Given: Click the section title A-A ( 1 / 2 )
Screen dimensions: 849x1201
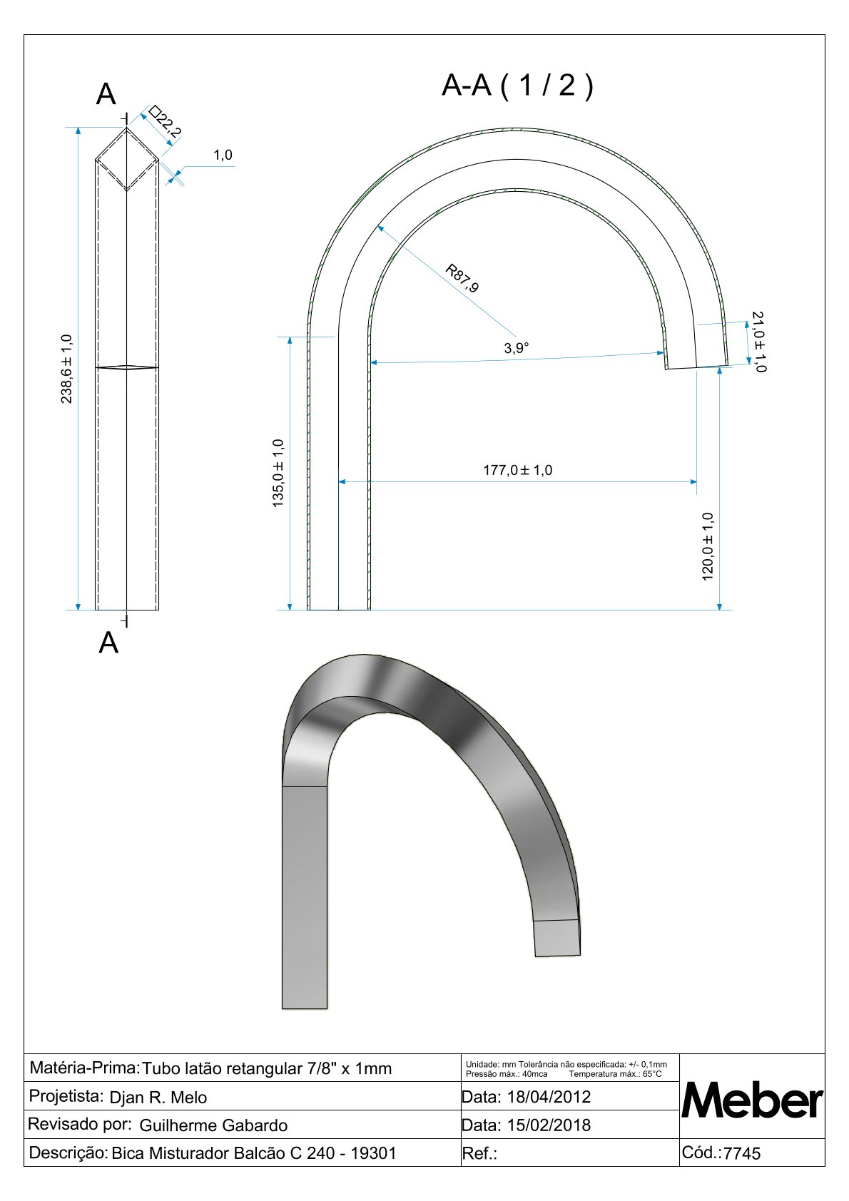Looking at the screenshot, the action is pyautogui.click(x=517, y=85).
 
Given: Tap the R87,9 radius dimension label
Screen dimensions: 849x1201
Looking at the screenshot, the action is pyautogui.click(x=462, y=277).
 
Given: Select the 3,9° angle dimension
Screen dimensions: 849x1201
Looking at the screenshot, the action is pyautogui.click(x=516, y=348).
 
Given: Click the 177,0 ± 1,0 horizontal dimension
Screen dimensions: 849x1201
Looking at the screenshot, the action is pyautogui.click(x=517, y=470).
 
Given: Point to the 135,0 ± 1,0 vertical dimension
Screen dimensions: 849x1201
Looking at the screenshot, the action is pyautogui.click(x=278, y=473).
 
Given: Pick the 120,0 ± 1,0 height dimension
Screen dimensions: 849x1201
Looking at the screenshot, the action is pyautogui.click(x=708, y=546).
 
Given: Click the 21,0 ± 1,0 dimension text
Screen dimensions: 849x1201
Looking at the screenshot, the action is pyautogui.click(x=759, y=342).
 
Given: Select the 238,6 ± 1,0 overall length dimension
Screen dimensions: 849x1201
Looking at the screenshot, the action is pyautogui.click(x=66, y=369).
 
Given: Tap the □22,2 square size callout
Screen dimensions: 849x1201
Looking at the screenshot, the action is pyautogui.click(x=165, y=121).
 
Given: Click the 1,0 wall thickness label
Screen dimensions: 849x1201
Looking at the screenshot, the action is pyautogui.click(x=223, y=155).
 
